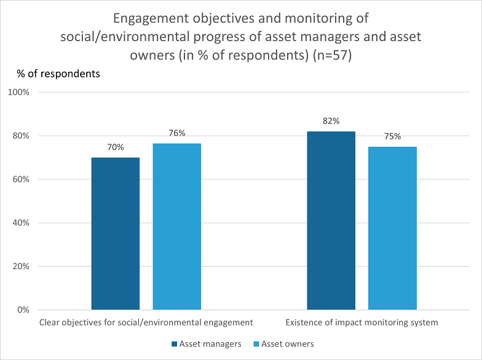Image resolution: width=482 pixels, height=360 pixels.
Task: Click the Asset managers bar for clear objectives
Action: [x=116, y=233]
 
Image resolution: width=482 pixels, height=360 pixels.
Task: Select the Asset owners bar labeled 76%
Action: [x=177, y=226]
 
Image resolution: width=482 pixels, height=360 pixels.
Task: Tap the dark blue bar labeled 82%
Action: [x=331, y=221]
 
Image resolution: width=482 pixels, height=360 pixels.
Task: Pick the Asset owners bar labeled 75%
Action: [x=392, y=229]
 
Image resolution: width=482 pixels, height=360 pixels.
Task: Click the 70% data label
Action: [x=116, y=147]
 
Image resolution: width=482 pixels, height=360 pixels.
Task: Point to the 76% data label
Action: [x=177, y=133]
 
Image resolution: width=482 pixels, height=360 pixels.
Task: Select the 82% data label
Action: [x=331, y=122]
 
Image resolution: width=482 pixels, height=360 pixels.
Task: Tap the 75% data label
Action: [x=392, y=136]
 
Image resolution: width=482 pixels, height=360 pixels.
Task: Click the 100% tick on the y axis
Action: [x=18, y=92]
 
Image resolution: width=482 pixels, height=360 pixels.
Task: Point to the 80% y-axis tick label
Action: [x=21, y=136]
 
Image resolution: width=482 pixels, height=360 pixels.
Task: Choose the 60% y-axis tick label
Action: [x=21, y=179]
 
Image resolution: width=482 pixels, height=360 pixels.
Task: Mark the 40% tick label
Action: [x=21, y=222]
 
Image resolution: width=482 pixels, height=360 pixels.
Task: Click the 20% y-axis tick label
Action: [x=21, y=267]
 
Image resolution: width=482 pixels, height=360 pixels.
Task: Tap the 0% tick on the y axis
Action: [x=23, y=310]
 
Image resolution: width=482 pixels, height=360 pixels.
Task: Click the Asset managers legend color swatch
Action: [x=175, y=344]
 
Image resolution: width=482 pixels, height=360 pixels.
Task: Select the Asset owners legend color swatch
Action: [x=256, y=344]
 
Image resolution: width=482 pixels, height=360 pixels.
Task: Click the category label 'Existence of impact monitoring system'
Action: [x=361, y=323]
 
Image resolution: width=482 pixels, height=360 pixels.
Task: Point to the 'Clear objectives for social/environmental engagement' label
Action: [x=146, y=323]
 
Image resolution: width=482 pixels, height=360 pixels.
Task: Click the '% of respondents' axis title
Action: [x=58, y=74]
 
